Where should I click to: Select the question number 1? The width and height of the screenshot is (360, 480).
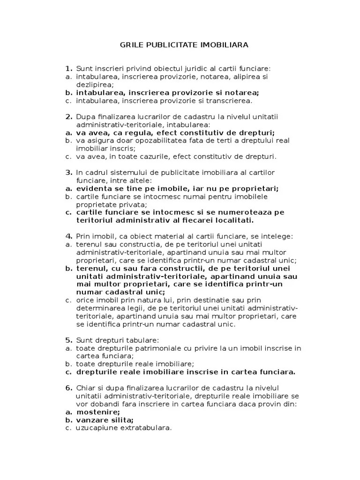click(x=68, y=68)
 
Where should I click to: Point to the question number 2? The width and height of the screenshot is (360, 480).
click(x=68, y=117)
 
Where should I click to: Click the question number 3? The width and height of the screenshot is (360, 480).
click(x=68, y=172)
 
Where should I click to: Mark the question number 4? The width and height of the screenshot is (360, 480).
click(x=68, y=236)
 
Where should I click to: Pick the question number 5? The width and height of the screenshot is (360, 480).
click(x=68, y=340)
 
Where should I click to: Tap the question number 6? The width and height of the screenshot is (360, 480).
click(x=68, y=388)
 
